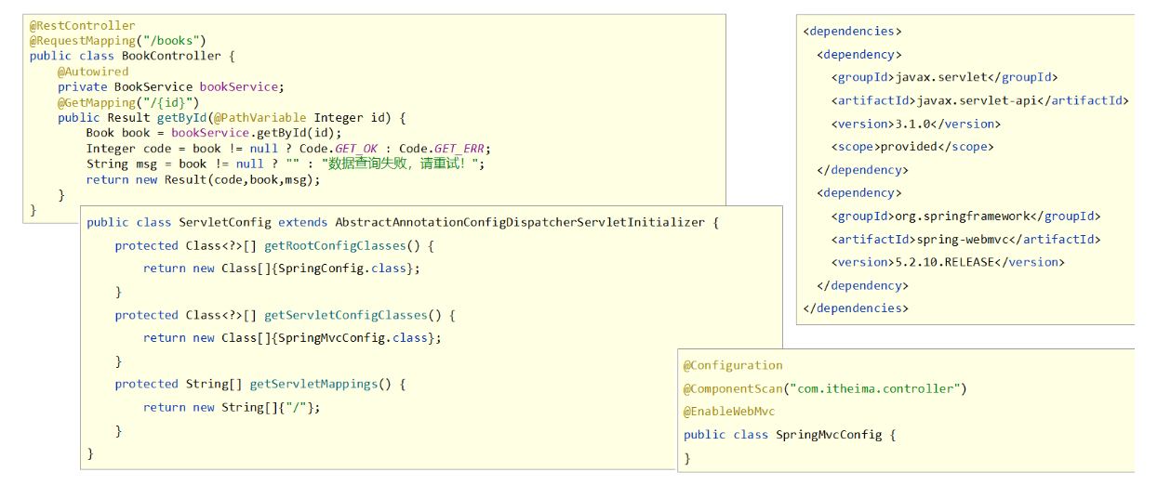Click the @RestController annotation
[x=82, y=26]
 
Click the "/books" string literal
[x=171, y=41]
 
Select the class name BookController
[x=171, y=56]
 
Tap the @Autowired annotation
[x=93, y=72]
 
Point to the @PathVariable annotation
[x=259, y=118]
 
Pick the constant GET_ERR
[x=459, y=149]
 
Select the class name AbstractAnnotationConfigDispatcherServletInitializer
[x=520, y=222]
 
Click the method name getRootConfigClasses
[x=335, y=246]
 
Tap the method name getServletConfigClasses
[x=346, y=315]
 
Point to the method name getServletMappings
[x=313, y=385]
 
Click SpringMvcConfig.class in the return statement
[x=353, y=338]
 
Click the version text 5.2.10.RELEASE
[x=945, y=262]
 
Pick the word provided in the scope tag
[x=909, y=147]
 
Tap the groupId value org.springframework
[x=963, y=216]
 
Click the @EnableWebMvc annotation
[x=729, y=412]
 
